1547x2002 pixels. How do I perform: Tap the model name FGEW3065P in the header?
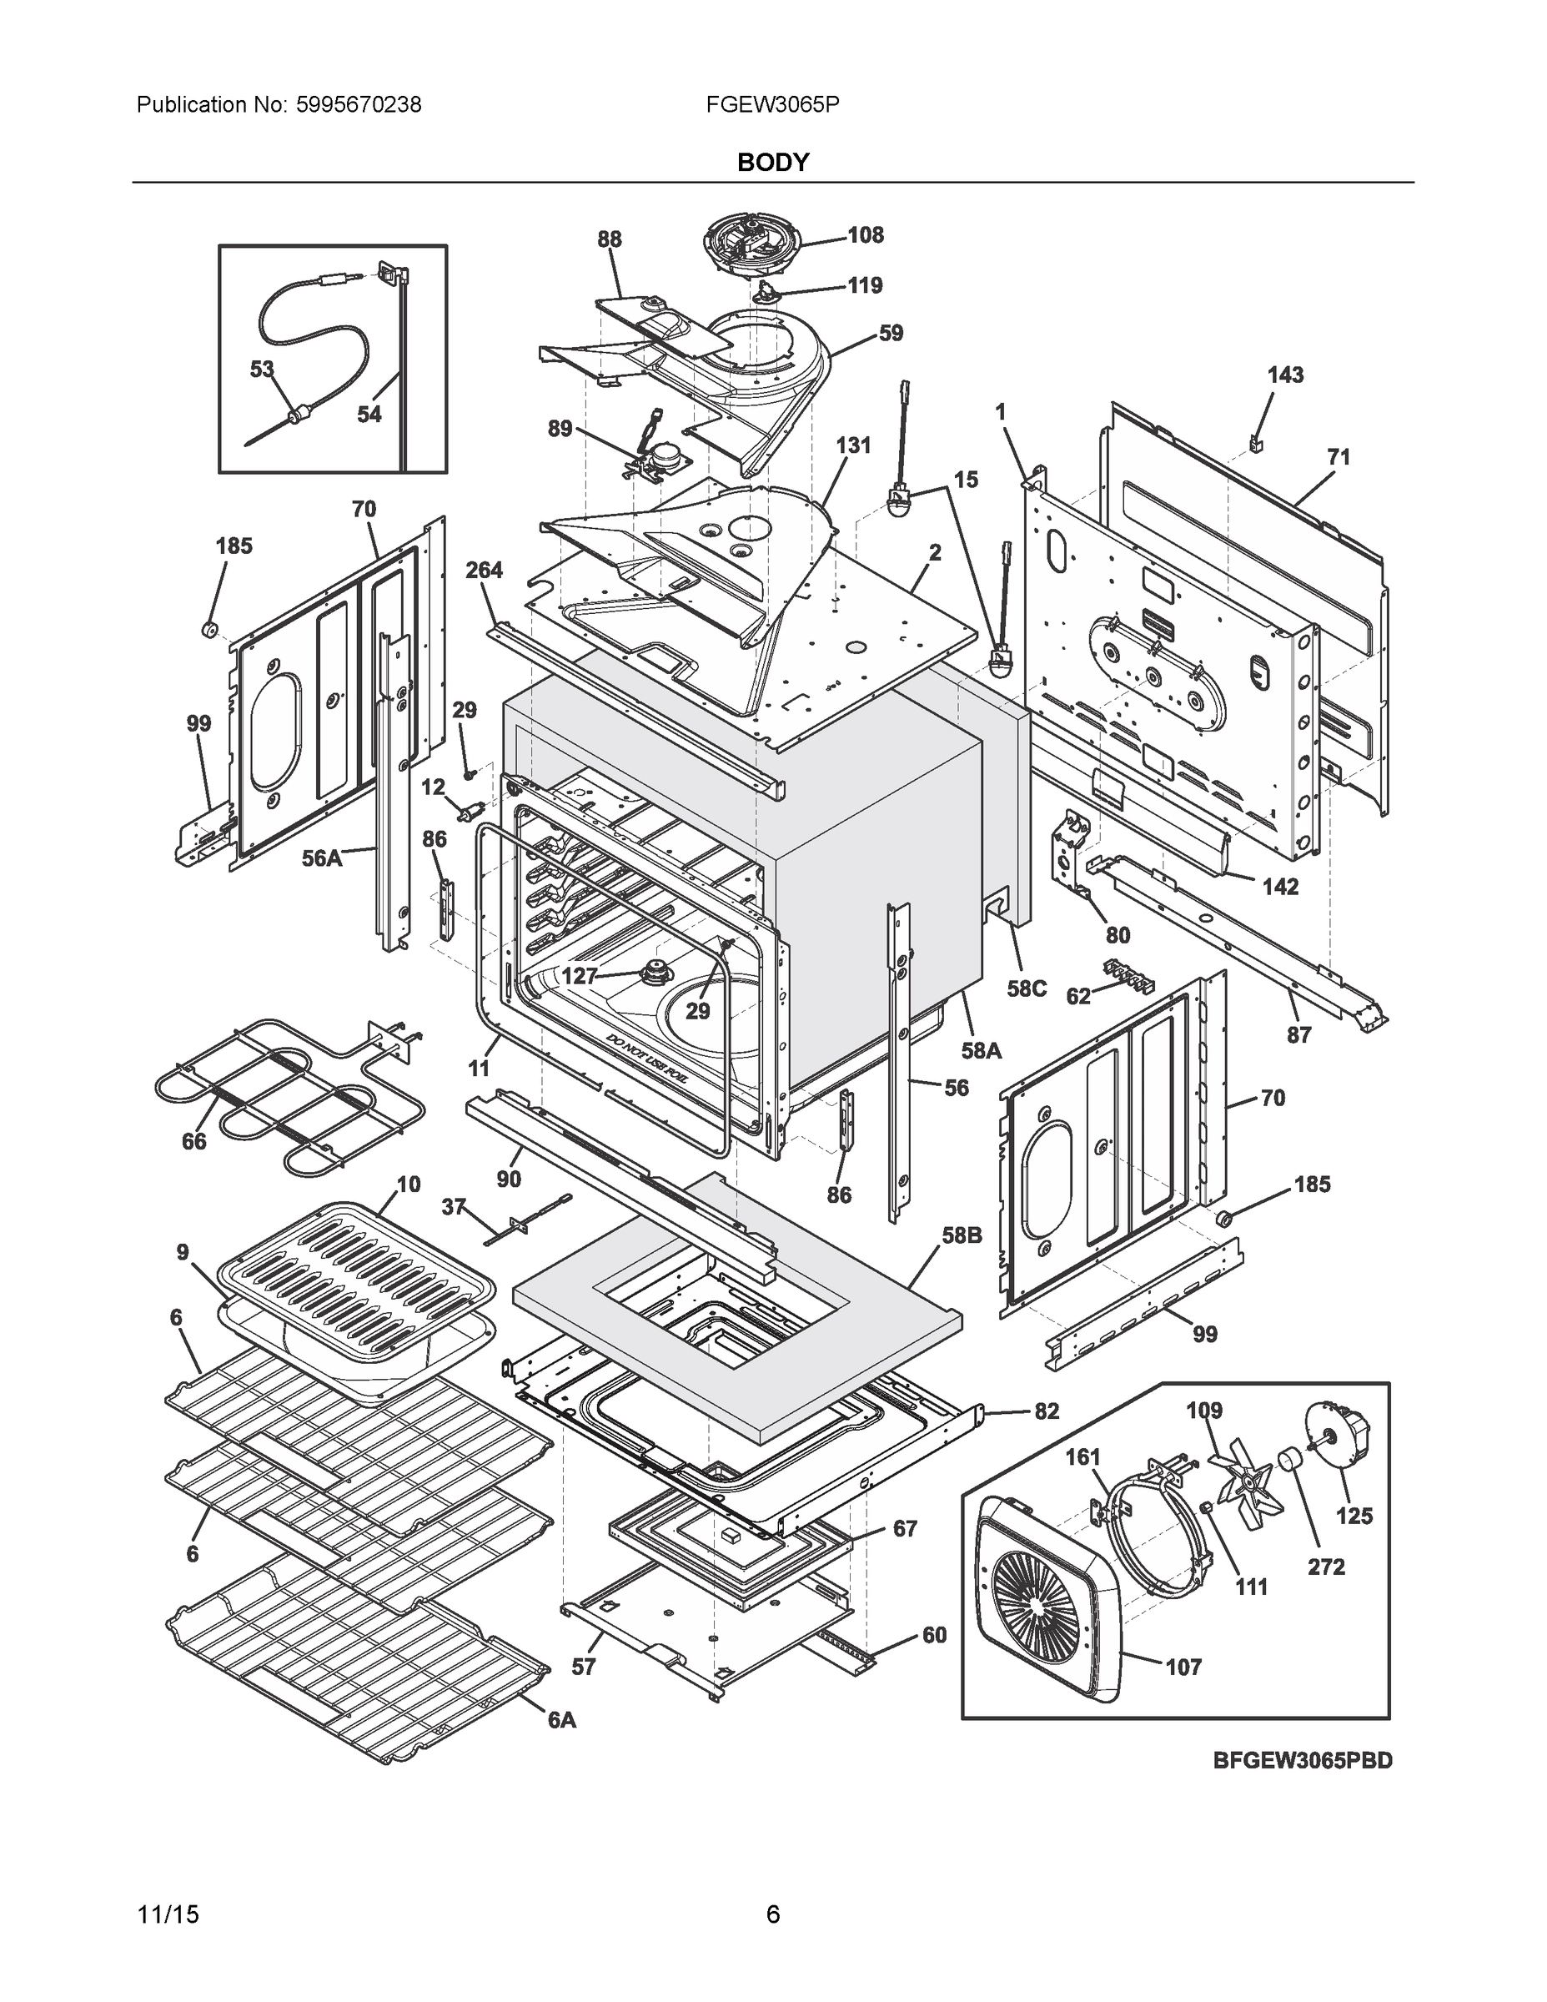pyautogui.click(x=772, y=104)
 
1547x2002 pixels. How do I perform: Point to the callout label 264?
pyautogui.click(x=483, y=571)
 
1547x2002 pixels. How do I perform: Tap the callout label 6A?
pyautogui.click(x=562, y=1721)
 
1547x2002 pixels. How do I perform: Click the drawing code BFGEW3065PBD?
pyautogui.click(x=1303, y=1786)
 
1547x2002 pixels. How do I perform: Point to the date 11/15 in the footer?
pyautogui.click(x=168, y=1915)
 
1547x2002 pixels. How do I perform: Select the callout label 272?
pyautogui.click(x=1325, y=1567)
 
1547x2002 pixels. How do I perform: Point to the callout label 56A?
pyautogui.click(x=322, y=859)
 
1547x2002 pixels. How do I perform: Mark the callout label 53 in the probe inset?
pyautogui.click(x=262, y=369)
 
